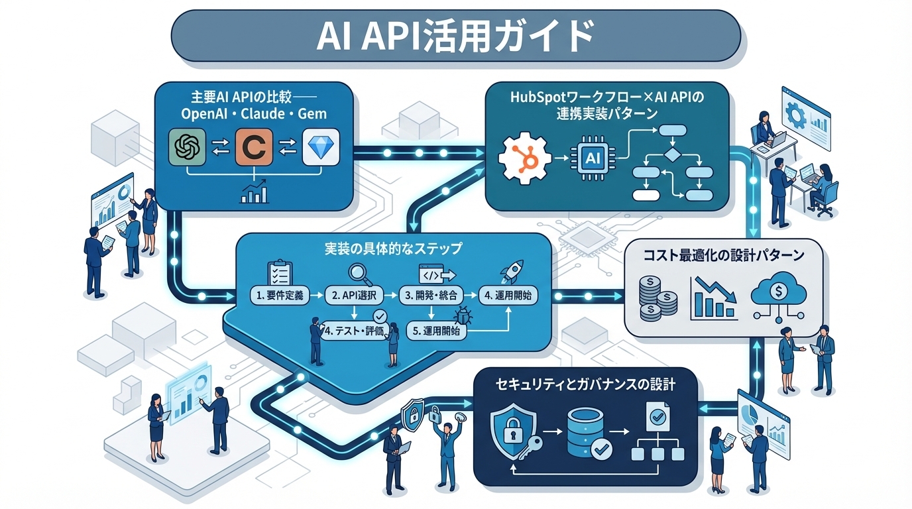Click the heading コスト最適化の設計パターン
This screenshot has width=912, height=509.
724,254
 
